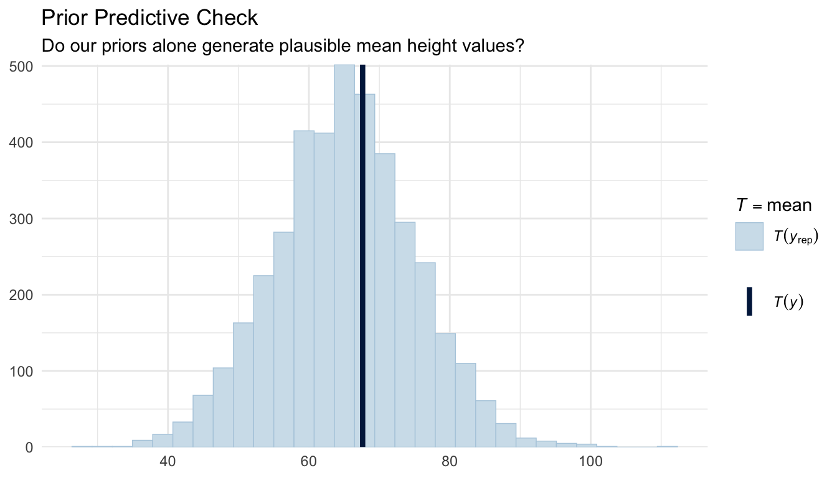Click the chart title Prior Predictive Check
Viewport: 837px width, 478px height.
coord(149,18)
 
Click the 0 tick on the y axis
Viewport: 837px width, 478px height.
coord(28,448)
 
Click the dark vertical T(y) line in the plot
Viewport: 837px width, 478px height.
coord(362,249)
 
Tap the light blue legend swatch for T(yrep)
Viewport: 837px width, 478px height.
coord(749,237)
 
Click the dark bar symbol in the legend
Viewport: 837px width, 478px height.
coord(749,302)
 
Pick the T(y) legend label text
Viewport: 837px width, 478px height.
coord(788,302)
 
